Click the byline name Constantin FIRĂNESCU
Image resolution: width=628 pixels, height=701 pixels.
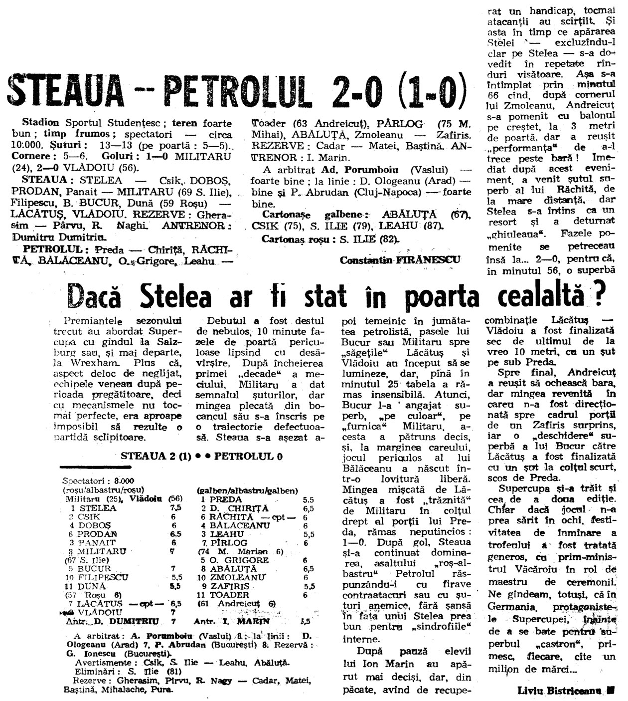401,259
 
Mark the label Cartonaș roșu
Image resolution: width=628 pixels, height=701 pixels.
291,239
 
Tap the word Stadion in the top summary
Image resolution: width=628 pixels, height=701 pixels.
40,123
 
